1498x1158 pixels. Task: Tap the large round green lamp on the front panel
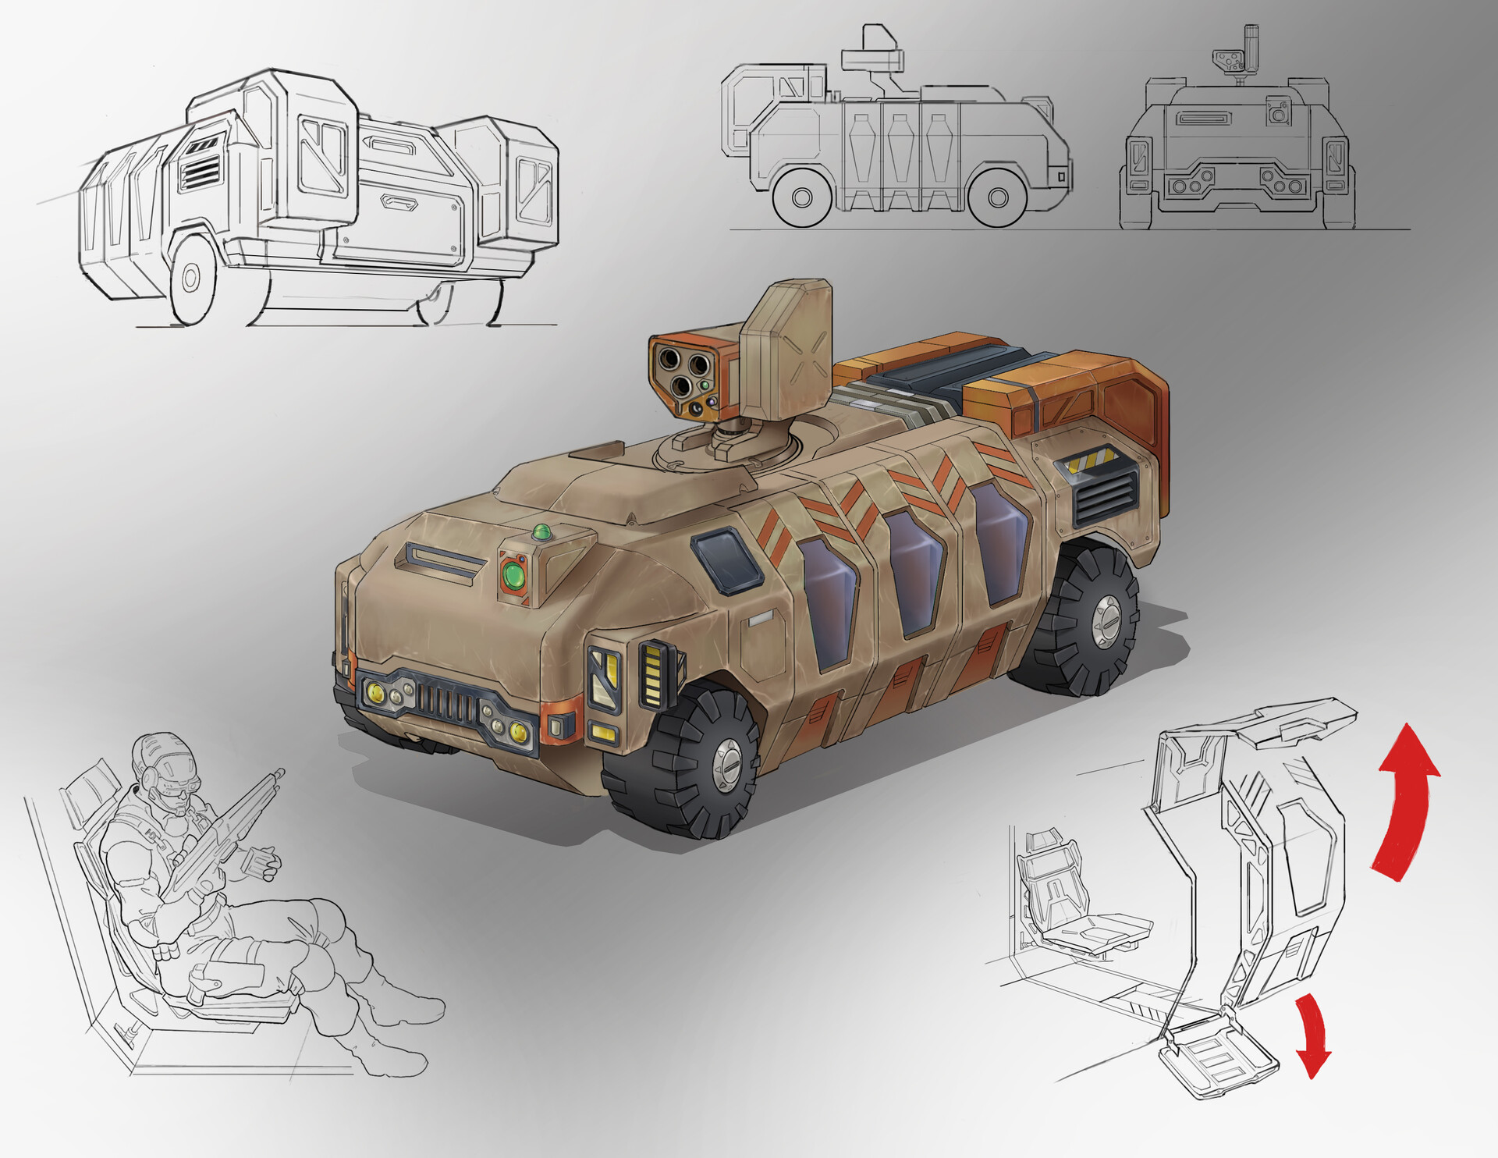tap(514, 576)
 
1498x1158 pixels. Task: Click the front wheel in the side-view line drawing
tap(802, 196)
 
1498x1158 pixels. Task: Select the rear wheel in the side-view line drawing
tap(997, 196)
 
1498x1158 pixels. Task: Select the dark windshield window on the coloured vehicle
tap(726, 557)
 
